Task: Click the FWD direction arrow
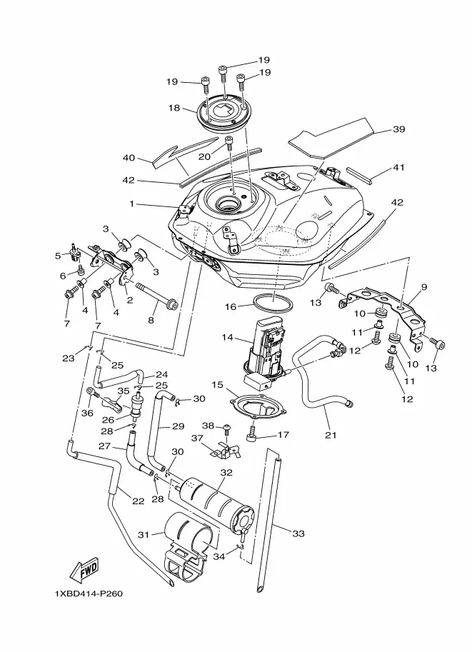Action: click(84, 571)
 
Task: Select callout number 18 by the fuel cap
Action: click(174, 109)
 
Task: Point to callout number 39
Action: click(398, 130)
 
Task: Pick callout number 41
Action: click(399, 169)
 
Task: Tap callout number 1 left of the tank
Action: click(131, 204)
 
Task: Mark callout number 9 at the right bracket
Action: click(424, 288)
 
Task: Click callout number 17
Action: click(283, 433)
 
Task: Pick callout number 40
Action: click(129, 158)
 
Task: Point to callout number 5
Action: click(58, 255)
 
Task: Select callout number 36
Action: click(88, 412)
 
